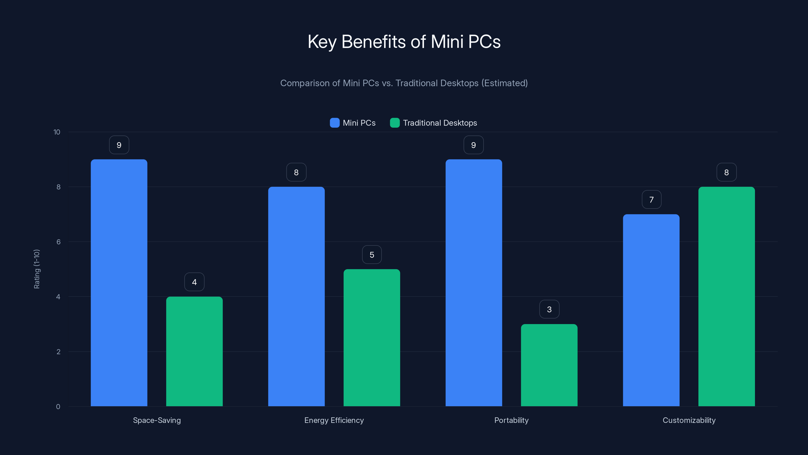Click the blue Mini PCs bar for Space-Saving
pos(119,283)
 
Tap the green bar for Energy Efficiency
pos(372,337)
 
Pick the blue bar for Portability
pos(474,283)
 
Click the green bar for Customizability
pos(726,297)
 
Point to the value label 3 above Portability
pos(549,309)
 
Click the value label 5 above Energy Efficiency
pos(372,255)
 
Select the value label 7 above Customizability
pos(651,200)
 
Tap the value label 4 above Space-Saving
pos(194,282)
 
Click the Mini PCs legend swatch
pos(335,123)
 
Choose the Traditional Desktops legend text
pos(440,123)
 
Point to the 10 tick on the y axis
pos(57,132)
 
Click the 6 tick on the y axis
pos(58,242)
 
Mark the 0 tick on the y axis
pos(58,407)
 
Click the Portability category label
pos(511,420)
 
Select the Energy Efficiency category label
pos(334,420)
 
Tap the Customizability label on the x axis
pos(689,420)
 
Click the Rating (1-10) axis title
pos(37,269)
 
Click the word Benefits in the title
pos(374,41)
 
